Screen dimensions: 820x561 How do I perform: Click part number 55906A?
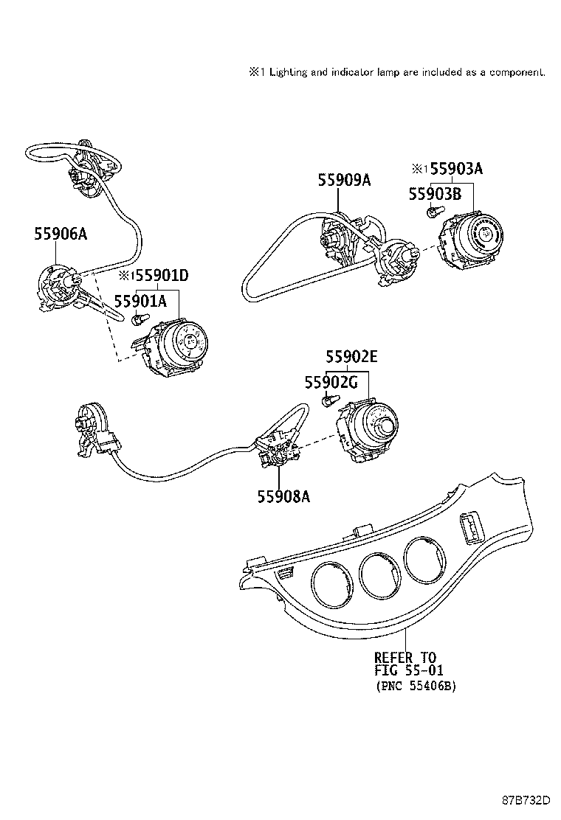click(61, 234)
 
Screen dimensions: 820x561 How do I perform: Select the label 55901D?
click(159, 276)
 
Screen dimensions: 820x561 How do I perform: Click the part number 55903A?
click(456, 169)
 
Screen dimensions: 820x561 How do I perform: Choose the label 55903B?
click(435, 193)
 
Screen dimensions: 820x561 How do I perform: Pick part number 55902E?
click(352, 357)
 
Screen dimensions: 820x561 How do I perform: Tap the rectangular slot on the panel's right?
click(469, 528)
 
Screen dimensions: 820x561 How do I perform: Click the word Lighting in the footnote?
click(289, 72)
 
